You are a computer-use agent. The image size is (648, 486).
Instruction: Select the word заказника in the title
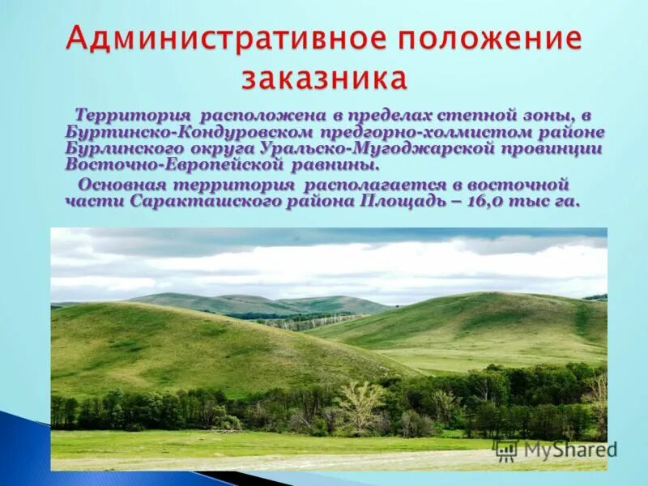click(x=324, y=78)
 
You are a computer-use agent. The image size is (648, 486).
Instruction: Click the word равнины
click(x=343, y=164)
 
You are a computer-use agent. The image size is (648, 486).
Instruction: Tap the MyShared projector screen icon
click(x=507, y=450)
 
